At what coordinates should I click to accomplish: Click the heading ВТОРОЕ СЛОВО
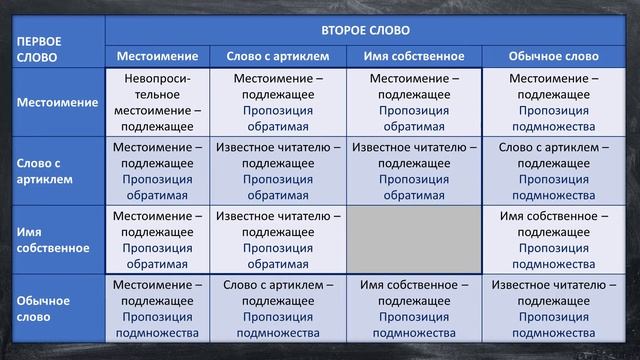[364, 30]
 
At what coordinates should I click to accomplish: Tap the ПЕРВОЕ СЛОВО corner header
[38, 49]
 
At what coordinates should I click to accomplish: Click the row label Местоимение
[56, 102]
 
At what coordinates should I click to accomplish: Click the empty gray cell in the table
[413, 240]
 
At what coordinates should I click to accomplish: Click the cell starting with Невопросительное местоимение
[158, 102]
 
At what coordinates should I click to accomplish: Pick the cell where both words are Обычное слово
[553, 308]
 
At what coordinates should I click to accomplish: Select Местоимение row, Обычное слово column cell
[553, 102]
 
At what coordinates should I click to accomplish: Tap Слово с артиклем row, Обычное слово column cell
[553, 171]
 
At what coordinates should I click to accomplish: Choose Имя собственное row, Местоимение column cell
[158, 240]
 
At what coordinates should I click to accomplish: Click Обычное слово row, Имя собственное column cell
[413, 308]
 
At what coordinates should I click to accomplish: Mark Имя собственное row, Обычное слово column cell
[553, 240]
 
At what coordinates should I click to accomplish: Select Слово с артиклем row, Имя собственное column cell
[413, 171]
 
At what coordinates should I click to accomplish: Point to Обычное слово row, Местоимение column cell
[158, 308]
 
